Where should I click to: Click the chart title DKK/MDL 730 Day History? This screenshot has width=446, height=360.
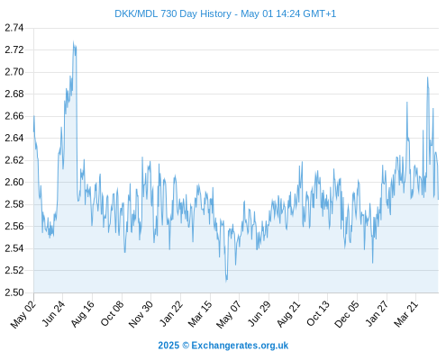click(x=173, y=13)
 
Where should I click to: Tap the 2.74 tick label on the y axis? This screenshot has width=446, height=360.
click(x=14, y=28)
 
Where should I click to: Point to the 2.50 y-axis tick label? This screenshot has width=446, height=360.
click(x=14, y=292)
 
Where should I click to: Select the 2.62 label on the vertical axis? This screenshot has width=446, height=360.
click(x=14, y=160)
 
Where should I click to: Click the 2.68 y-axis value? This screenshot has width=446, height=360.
click(x=14, y=94)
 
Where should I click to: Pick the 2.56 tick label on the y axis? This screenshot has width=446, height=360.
click(x=14, y=227)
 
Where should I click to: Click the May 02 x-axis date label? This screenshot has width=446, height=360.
click(x=23, y=314)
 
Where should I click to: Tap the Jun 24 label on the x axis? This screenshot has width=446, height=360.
click(x=53, y=314)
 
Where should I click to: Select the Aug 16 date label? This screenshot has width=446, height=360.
click(x=83, y=314)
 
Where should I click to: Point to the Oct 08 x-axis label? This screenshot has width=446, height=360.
click(x=112, y=314)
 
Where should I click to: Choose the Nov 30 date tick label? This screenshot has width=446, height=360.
click(x=141, y=314)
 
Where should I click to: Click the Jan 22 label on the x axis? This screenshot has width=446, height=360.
click(x=171, y=314)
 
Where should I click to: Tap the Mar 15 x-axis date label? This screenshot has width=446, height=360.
click(x=200, y=314)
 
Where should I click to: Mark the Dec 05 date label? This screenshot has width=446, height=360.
click(x=347, y=314)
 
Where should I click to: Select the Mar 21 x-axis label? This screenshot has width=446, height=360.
click(x=406, y=314)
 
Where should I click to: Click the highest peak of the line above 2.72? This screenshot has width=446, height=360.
click(x=73, y=41)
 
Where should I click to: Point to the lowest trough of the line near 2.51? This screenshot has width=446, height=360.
click(x=226, y=282)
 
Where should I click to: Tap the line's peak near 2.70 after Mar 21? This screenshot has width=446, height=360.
click(x=427, y=77)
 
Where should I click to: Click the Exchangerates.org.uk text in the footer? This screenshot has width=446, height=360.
click(x=240, y=346)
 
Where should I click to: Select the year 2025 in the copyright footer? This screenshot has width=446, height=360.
click(x=168, y=346)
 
